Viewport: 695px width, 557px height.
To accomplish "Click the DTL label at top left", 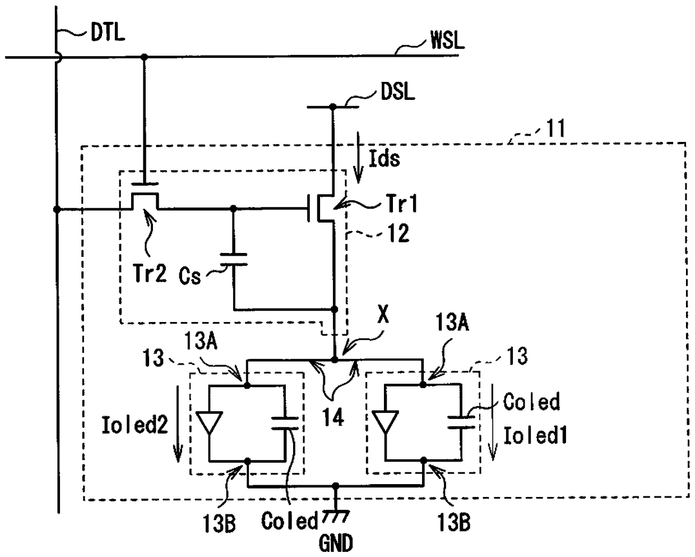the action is (108, 33).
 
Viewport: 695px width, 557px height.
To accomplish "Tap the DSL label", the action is (397, 91).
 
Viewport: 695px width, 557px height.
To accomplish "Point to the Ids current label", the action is (384, 158).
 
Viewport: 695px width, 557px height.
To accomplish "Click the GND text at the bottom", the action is (336, 543).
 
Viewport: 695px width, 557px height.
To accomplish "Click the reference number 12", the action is (399, 233).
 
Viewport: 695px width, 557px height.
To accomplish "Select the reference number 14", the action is (333, 417).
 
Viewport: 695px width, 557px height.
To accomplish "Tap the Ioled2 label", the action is (135, 425).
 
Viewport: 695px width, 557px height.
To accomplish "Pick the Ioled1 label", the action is (535, 435).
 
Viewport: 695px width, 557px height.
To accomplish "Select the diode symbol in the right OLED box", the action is (385, 422).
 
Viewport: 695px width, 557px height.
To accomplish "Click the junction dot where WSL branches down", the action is (145, 57).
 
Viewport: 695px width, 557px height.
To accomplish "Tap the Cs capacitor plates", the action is (234, 259).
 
